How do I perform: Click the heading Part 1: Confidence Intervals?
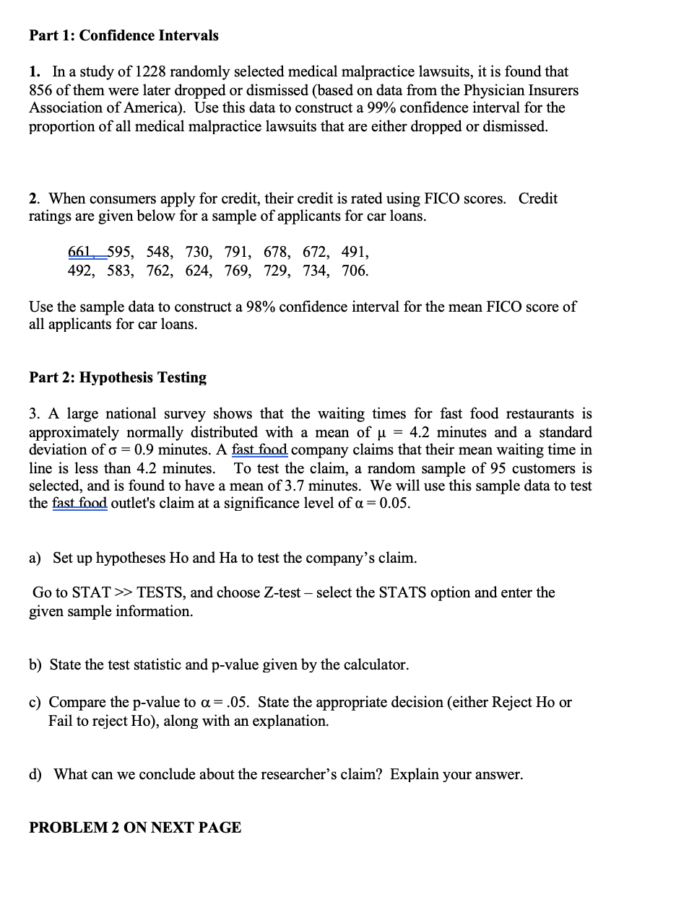[123, 35]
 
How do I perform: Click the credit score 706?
[354, 271]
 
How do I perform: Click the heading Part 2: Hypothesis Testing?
[118, 378]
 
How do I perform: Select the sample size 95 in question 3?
[473, 468]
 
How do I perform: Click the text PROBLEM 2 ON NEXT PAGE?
[135, 828]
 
